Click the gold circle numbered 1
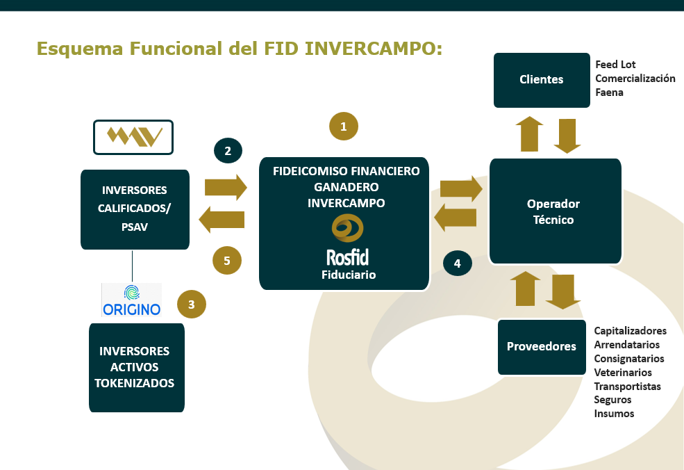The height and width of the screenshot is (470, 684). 343,126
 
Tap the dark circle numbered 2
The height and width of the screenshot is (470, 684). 228,150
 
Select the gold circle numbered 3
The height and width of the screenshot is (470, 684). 192,304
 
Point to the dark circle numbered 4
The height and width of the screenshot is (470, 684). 458,264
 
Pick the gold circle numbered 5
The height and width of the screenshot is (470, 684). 227,261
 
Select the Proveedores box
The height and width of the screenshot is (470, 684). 541,346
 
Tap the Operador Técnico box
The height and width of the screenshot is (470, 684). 555,211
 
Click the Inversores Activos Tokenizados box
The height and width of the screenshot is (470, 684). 136,367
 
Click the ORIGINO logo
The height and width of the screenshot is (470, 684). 131,300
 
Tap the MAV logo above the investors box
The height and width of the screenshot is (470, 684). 133,137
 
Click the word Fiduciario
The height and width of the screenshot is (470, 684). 349,275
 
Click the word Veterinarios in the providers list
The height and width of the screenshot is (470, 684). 623,373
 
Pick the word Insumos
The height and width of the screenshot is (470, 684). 614,414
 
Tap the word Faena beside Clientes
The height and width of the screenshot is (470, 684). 609,92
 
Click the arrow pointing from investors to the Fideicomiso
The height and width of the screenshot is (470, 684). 226,187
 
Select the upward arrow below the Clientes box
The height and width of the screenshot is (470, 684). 530,133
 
